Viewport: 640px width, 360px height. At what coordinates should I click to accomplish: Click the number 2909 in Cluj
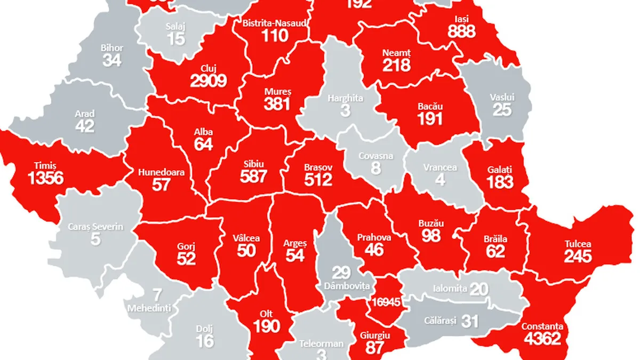click(x=209, y=81)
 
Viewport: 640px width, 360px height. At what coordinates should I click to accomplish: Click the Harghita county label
click(x=346, y=99)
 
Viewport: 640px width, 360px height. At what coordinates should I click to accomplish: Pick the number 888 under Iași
click(x=461, y=32)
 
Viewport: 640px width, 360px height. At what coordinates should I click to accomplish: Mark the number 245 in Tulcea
click(x=578, y=257)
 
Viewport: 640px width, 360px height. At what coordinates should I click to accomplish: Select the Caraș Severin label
click(x=95, y=227)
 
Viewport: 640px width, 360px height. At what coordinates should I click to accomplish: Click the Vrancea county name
click(x=440, y=167)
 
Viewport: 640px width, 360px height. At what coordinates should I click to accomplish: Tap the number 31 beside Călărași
click(x=470, y=321)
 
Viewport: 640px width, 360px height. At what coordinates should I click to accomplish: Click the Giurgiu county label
click(x=375, y=335)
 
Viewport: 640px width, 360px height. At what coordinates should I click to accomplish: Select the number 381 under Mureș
click(x=277, y=104)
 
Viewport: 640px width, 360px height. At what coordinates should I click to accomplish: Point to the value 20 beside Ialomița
click(x=479, y=289)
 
